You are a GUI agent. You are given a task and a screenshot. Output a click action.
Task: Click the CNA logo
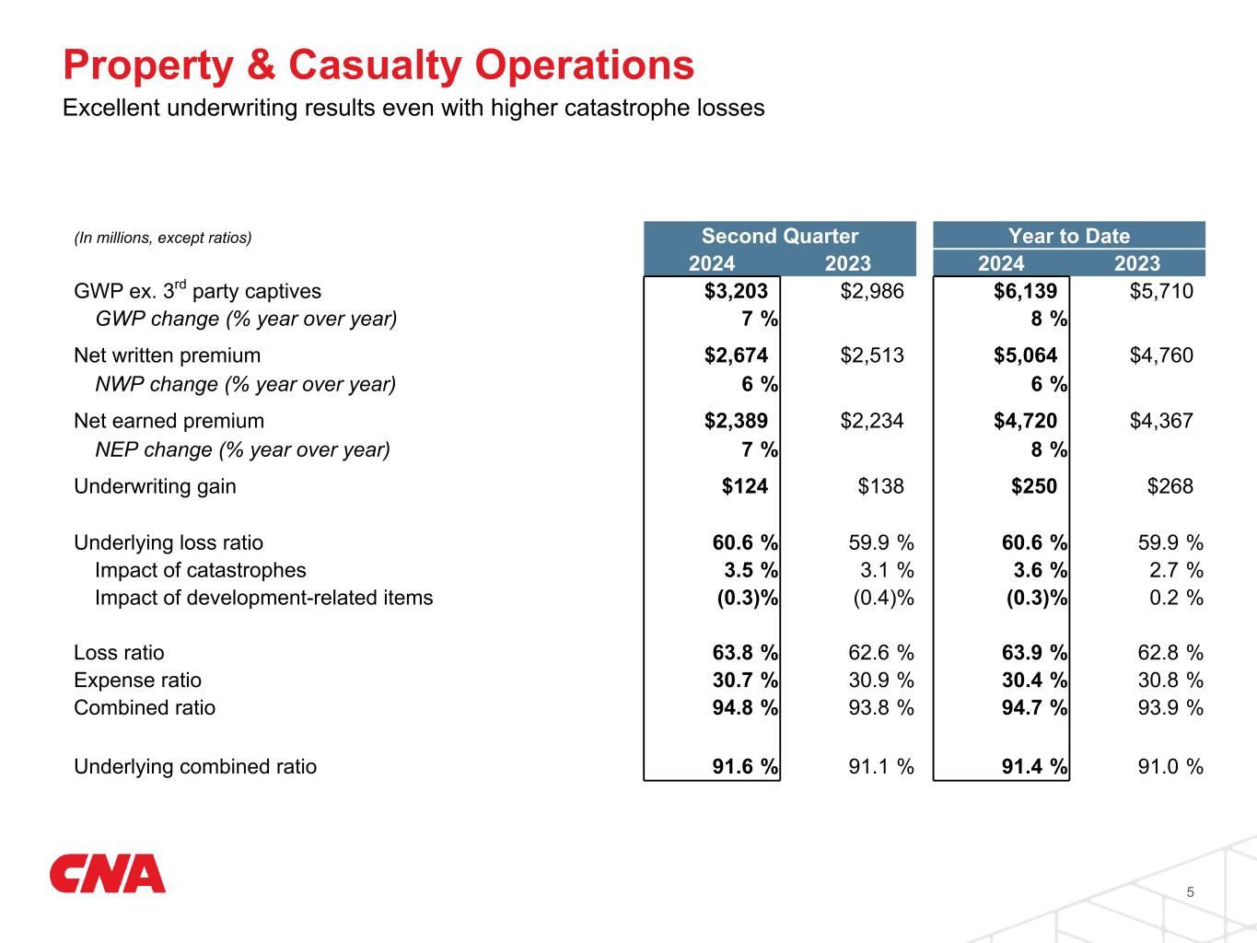[108, 874]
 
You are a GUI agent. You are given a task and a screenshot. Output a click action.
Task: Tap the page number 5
[1191, 891]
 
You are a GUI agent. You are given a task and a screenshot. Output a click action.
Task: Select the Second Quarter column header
[779, 236]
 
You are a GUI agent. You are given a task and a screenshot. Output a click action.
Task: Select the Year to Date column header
[1068, 236]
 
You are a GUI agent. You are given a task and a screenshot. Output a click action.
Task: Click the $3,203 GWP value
[736, 291]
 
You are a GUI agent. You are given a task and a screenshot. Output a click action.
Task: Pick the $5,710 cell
[1161, 291]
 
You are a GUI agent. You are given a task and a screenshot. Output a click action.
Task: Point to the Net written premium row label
[167, 355]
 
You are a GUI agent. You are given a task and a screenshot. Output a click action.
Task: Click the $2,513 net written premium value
[872, 355]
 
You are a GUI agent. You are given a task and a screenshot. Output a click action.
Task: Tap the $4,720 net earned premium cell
[1025, 421]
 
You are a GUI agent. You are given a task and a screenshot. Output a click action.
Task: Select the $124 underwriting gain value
[744, 486]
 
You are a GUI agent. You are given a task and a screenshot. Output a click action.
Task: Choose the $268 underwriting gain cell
[1170, 486]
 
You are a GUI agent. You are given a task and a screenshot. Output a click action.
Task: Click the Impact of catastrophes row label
[200, 570]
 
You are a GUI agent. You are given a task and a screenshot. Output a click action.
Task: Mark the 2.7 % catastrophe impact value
[1176, 570]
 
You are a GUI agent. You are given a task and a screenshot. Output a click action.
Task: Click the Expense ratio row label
[137, 681]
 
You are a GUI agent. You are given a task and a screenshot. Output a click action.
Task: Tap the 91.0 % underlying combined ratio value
[1170, 767]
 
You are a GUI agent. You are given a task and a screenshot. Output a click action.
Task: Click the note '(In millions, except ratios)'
[162, 238]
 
